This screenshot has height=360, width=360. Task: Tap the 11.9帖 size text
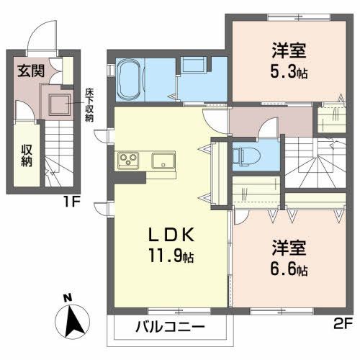[x=171, y=255]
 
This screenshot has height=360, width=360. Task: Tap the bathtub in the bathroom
[x=132, y=78]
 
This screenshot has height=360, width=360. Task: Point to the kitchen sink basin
[x=162, y=159]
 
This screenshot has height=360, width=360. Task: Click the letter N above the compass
[x=67, y=298]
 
